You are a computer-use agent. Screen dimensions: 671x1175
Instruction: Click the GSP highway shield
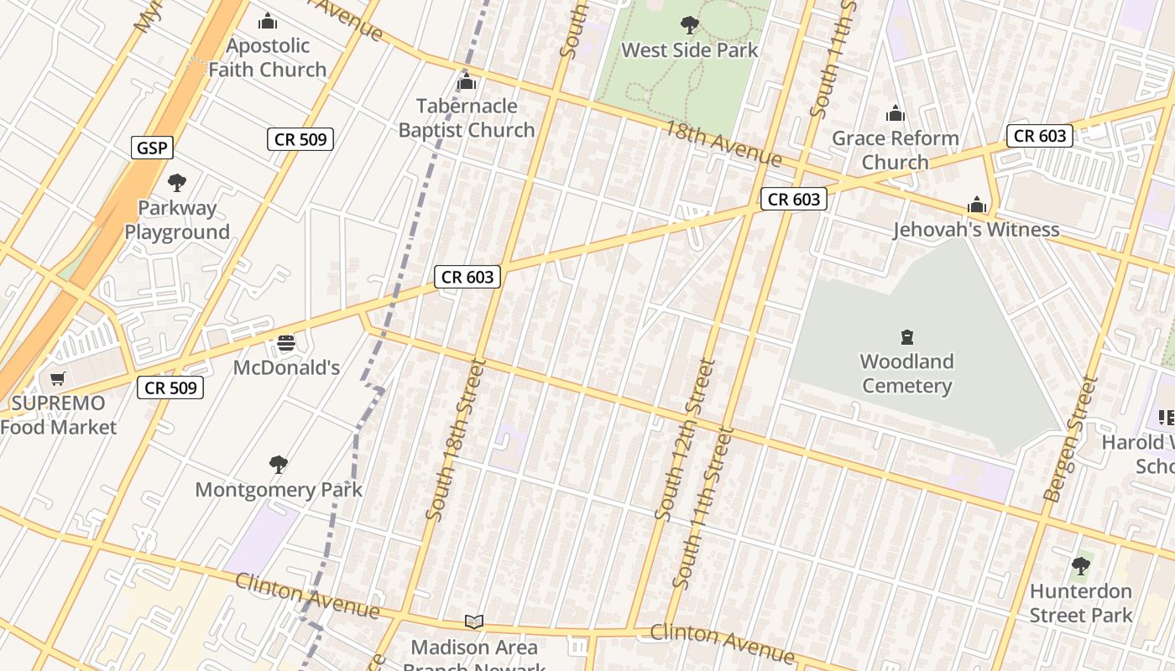pyautogui.click(x=152, y=148)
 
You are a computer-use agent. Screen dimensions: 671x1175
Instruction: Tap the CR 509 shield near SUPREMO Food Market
pyautogui.click(x=170, y=388)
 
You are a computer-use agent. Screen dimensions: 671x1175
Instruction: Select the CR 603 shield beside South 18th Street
pyautogui.click(x=467, y=277)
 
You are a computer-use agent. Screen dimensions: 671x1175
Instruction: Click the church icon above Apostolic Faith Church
pyautogui.click(x=268, y=21)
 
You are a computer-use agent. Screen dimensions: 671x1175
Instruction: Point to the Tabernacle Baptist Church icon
pyautogui.click(x=466, y=82)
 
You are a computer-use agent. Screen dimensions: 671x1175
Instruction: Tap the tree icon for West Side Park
pyautogui.click(x=689, y=25)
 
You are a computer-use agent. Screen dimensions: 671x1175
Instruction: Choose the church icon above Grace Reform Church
pyautogui.click(x=896, y=114)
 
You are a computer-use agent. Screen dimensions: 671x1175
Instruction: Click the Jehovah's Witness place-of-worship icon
pyautogui.click(x=976, y=205)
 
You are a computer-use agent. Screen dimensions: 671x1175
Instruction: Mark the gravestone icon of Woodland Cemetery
pyautogui.click(x=906, y=337)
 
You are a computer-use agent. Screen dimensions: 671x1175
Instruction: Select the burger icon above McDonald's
pyautogui.click(x=286, y=343)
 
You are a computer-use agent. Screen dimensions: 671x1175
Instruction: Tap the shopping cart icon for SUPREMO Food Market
pyautogui.click(x=57, y=379)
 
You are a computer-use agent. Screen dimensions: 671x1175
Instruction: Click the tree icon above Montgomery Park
pyautogui.click(x=279, y=465)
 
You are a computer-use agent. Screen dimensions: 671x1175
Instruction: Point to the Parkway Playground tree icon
pyautogui.click(x=176, y=183)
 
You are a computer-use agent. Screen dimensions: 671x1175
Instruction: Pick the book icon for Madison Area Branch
pyautogui.click(x=474, y=622)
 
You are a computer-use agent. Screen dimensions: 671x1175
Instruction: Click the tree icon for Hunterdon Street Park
pyautogui.click(x=1081, y=566)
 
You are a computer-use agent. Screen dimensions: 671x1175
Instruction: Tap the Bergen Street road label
pyautogui.click(x=1070, y=439)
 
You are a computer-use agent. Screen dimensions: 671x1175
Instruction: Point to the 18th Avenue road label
pyautogui.click(x=723, y=143)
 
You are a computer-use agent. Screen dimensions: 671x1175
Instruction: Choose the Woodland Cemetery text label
pyautogui.click(x=906, y=374)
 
